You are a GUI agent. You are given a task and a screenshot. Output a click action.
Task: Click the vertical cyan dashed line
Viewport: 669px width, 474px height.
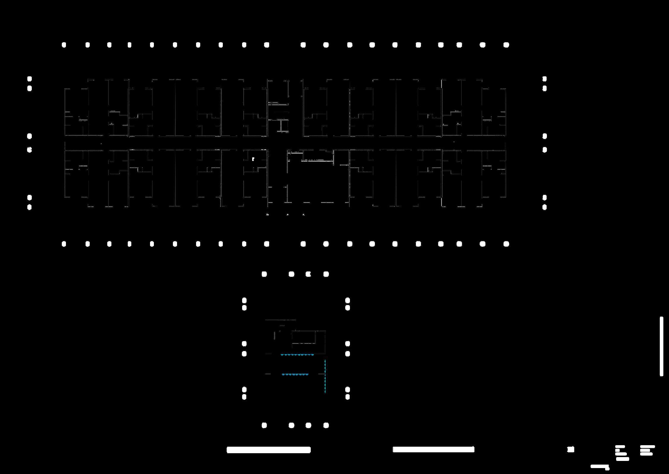click(325, 376)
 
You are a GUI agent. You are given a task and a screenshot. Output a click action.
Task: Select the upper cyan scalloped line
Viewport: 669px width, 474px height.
click(297, 355)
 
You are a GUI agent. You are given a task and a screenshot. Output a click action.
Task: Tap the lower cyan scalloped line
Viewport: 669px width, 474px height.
click(295, 375)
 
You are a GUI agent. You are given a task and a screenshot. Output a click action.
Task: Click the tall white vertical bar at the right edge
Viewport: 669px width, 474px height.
click(661, 346)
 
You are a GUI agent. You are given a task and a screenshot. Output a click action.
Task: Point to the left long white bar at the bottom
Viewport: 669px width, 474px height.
click(269, 450)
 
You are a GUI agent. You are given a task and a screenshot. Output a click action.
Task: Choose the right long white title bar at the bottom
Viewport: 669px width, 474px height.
click(433, 449)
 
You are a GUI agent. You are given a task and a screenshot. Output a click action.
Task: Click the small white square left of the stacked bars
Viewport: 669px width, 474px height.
click(571, 449)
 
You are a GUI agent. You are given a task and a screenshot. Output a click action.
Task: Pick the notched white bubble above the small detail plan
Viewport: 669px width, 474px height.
click(308, 274)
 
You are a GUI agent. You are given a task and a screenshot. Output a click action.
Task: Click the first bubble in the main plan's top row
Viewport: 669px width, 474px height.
click(64, 45)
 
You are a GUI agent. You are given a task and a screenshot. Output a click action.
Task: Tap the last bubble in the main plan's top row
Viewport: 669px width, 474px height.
click(506, 45)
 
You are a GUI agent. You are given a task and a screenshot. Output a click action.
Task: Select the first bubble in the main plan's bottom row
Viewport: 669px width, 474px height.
click(64, 244)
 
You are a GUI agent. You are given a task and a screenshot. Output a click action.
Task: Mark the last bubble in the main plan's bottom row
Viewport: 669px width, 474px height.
click(506, 244)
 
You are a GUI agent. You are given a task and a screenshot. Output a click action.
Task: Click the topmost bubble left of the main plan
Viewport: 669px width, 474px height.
click(29, 79)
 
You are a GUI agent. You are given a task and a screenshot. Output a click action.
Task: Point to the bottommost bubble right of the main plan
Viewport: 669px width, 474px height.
click(545, 207)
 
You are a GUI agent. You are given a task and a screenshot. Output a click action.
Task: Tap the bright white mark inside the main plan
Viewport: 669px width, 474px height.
click(253, 159)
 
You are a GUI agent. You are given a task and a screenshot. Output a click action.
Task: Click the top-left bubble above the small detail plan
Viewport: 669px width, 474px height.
click(264, 274)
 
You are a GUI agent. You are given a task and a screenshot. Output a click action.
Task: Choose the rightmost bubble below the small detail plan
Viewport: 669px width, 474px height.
click(326, 425)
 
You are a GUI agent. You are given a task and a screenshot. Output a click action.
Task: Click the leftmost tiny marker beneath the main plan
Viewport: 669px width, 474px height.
click(267, 214)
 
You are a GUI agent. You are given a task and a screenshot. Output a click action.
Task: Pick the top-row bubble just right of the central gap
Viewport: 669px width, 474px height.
click(303, 45)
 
